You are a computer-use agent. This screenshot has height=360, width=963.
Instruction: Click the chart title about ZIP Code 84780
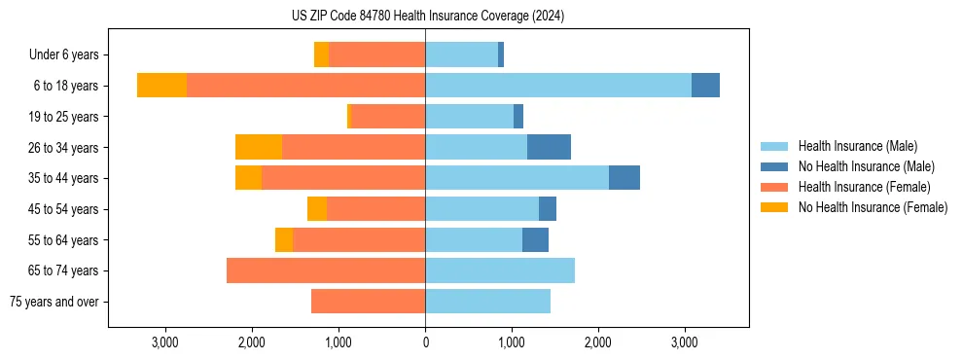tap(427, 16)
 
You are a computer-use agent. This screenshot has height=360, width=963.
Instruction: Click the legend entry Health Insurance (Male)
tap(857, 146)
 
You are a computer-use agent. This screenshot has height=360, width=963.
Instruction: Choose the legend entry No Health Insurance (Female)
tap(873, 207)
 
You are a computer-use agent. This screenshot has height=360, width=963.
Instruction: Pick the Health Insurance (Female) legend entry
tap(864, 187)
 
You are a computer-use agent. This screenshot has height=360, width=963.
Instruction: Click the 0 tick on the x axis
tap(425, 342)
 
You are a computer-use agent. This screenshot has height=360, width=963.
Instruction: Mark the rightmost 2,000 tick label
tap(598, 342)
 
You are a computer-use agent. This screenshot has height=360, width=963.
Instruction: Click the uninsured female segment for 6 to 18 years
tap(161, 86)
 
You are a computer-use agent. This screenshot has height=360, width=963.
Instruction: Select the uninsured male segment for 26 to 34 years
tap(549, 147)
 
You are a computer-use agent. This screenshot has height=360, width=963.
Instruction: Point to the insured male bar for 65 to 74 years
tap(500, 270)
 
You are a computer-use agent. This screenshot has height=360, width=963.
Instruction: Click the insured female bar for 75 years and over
tap(368, 302)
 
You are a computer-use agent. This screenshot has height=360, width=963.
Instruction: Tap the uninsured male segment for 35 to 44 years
tap(624, 178)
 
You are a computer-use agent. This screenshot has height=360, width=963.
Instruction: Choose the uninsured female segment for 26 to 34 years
tap(259, 147)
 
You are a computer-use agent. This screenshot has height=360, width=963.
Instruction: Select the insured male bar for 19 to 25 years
tap(469, 117)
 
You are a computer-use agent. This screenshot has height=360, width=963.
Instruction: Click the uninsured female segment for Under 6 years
tap(321, 54)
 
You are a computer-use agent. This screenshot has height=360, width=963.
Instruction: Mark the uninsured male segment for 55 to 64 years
tap(535, 239)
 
